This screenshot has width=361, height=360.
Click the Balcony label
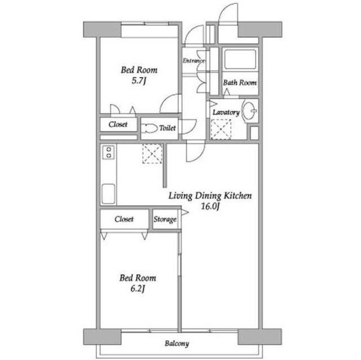177,344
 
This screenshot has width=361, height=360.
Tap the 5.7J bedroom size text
139,81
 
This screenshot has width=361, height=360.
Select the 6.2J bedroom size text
138,288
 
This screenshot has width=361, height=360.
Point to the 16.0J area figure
210,206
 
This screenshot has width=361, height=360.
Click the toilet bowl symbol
149,128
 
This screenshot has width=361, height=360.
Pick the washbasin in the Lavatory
249,111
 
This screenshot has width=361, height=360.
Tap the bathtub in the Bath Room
240,59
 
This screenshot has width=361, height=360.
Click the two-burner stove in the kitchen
109,152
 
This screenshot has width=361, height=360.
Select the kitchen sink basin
108,194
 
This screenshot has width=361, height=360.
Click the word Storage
165,219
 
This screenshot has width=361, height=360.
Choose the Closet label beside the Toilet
118,125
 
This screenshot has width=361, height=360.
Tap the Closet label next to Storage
124,219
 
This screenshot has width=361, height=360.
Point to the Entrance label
194,61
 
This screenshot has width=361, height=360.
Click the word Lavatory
226,112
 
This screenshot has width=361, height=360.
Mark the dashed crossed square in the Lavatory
221,130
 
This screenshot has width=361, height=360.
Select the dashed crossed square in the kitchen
152,154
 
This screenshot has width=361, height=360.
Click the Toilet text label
168,128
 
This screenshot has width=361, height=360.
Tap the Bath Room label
240,82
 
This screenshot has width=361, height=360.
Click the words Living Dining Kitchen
210,196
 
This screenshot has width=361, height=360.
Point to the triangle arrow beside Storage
185,212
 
